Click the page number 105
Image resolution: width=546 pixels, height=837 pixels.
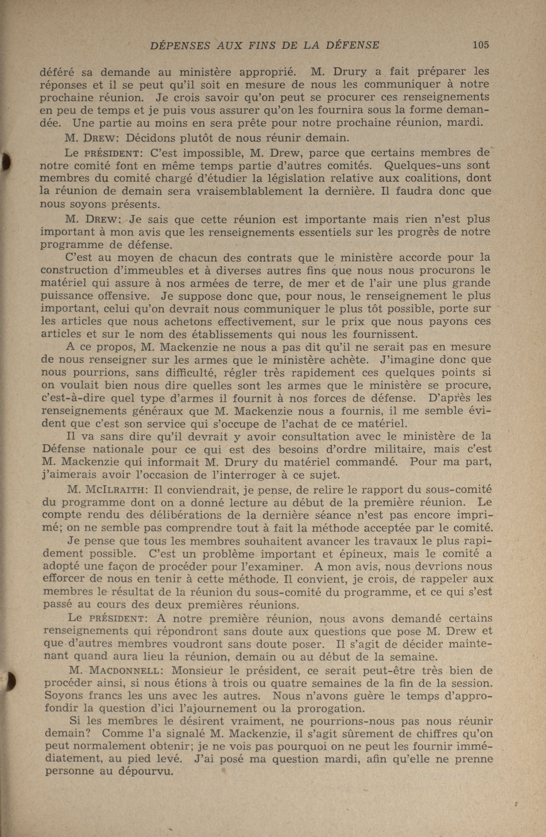(481, 45)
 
